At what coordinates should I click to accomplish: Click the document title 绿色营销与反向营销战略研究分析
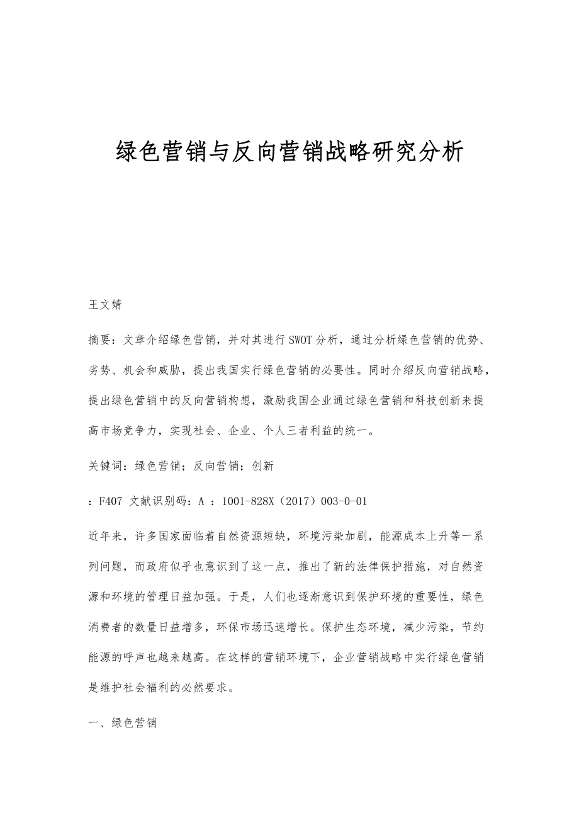[290, 152]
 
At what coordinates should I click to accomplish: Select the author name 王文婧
[105, 305]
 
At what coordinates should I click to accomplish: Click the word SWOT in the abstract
[303, 341]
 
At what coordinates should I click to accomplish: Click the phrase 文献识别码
[156, 501]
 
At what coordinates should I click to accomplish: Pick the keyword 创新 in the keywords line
[262, 466]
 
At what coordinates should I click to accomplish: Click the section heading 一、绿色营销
[123, 722]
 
